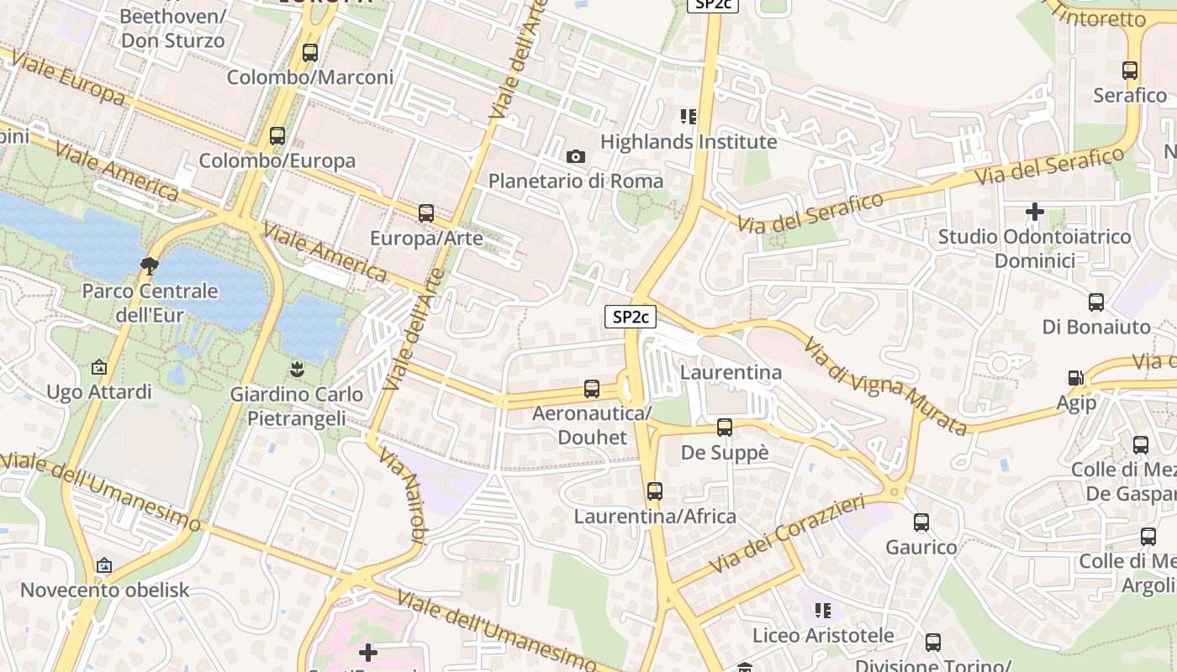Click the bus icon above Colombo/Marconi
pos(309,53)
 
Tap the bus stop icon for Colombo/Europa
pos(277,135)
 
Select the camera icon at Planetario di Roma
pos(576,156)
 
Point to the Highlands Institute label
pos(688,142)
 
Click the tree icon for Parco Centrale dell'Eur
pos(150,266)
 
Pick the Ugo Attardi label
pos(99,392)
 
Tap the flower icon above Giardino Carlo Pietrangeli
pos(296,368)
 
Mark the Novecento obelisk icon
pos(104,565)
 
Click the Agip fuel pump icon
pos(1075,379)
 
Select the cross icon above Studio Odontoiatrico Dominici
pos(1034,212)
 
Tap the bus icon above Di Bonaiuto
pos(1095,302)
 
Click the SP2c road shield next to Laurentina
pos(631,317)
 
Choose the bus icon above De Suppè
pos(724,428)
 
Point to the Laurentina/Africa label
pos(655,517)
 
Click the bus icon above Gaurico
pos(921,522)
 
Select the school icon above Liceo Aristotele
pos(822,610)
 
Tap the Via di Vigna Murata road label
pos(884,386)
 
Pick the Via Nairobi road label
pos(403,496)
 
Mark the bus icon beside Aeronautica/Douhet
pos(592,389)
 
